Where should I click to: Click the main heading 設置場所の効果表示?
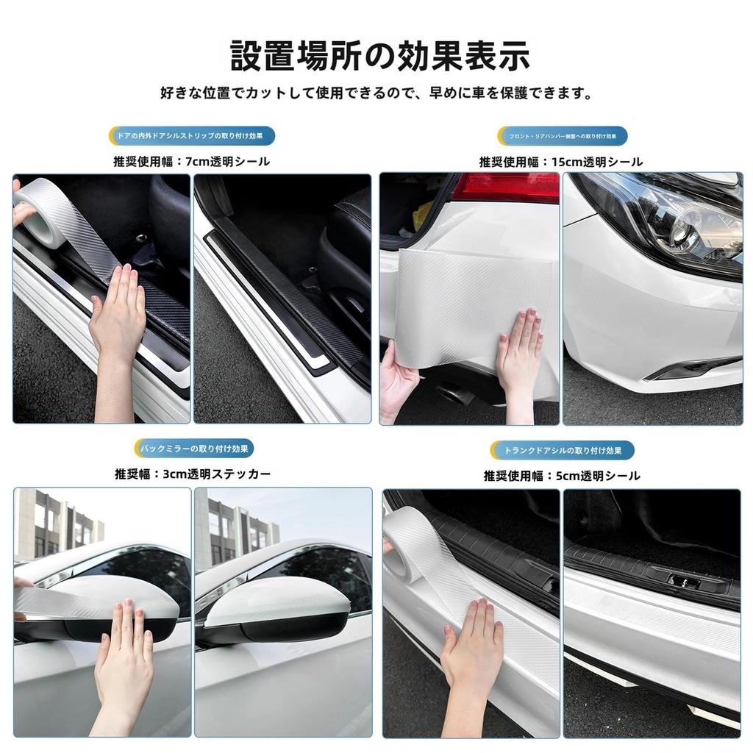tap(380, 56)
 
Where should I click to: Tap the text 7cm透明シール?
tap(229, 161)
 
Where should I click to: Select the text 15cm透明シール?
tap(596, 161)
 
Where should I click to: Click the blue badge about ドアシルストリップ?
tap(191, 136)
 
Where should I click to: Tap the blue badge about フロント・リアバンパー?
tap(563, 136)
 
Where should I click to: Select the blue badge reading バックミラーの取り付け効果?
tap(195, 448)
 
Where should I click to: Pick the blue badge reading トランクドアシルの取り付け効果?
tap(563, 450)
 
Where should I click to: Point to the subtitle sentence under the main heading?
tap(376, 93)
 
